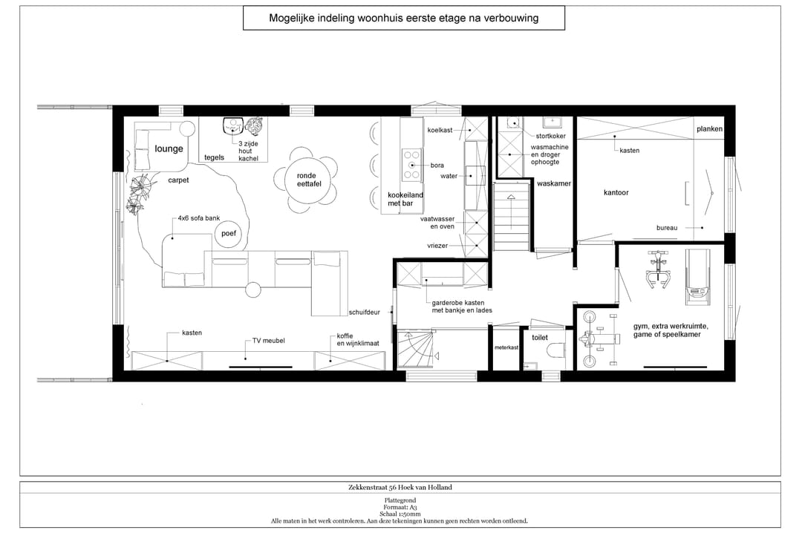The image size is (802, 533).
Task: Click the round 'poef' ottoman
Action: pos(229,234)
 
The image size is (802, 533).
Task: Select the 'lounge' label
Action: pos(169,149)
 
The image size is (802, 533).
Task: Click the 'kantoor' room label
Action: pos(616,192)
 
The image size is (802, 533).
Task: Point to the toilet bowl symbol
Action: pos(555,350)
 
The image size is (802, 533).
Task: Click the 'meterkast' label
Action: pos(506,347)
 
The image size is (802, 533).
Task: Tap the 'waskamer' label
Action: pos(554,183)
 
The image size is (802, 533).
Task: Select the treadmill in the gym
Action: pos(697,277)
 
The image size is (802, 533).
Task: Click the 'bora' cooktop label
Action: pos(437,166)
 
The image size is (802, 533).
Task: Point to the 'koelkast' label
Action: pos(440,130)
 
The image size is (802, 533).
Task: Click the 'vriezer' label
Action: pos(437,246)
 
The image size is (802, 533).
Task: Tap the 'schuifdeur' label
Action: pos(364,312)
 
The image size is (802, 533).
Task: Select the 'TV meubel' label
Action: pos(269,341)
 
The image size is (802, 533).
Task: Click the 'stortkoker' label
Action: pos(551,136)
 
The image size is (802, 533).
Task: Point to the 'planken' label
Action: pos(709,129)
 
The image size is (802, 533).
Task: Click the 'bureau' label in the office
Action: pos(667,228)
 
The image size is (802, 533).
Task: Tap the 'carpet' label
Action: pos(178,180)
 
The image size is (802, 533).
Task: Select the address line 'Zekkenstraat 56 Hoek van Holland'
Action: pos(400,488)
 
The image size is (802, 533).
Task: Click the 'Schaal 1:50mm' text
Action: pos(400,514)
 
